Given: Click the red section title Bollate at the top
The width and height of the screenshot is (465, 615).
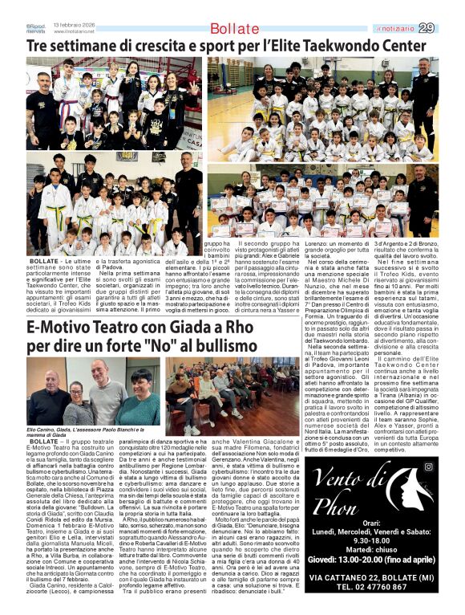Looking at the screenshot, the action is pyautogui.click(x=230, y=30).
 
